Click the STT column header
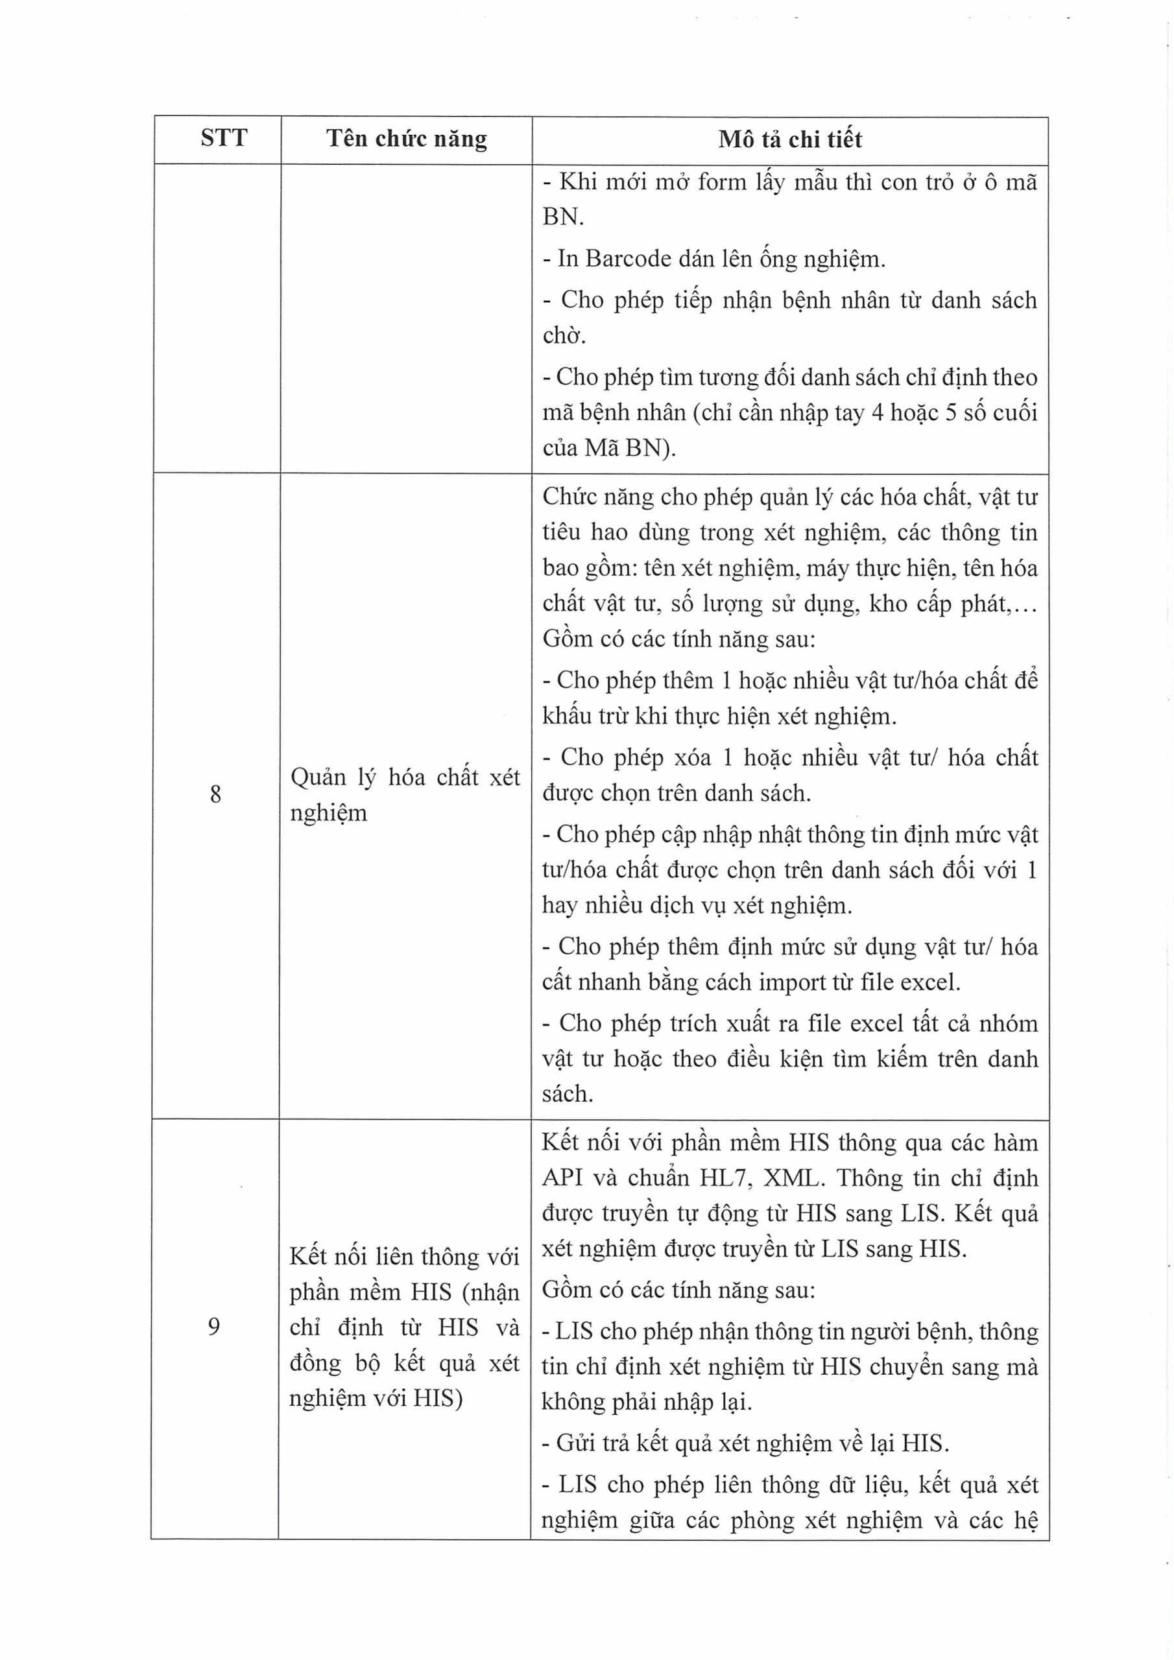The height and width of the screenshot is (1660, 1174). [224, 137]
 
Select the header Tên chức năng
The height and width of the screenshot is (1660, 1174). [407, 138]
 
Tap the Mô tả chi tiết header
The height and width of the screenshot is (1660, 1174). [790, 139]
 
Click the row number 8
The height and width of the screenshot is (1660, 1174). [215, 794]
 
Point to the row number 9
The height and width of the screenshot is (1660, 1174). [213, 1327]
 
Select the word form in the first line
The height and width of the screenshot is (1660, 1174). [721, 182]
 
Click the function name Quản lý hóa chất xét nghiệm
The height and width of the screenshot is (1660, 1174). [405, 794]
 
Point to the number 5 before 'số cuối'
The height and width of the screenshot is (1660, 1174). [952, 412]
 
